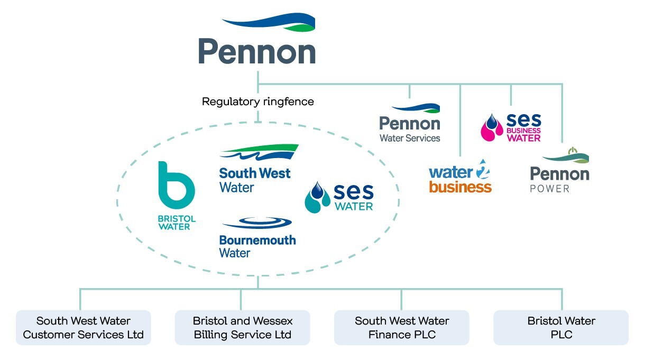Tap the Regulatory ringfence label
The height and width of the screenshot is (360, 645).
point(257,101)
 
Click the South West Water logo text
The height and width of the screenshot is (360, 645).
point(254,180)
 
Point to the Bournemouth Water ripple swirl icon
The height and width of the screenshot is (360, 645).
point(258,223)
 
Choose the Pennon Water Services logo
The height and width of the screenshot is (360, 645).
point(410,123)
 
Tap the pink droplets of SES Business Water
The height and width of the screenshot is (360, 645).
point(492,127)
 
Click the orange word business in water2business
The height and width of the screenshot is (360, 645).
point(460,187)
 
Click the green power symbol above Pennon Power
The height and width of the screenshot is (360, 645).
point(572,152)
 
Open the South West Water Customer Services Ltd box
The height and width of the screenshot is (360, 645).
point(84,328)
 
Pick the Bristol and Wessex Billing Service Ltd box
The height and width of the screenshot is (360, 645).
point(242,328)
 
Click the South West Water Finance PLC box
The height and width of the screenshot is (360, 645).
point(402,328)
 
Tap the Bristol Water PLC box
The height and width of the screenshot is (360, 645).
point(561,328)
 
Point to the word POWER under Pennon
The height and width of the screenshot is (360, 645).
point(550,189)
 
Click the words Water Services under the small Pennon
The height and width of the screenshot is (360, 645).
point(410,138)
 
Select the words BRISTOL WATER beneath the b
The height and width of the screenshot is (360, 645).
point(176,223)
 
